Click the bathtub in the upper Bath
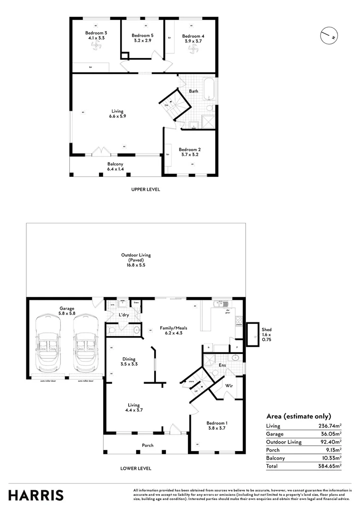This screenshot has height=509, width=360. tap(210, 90)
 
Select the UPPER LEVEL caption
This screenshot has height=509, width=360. tap(146, 189)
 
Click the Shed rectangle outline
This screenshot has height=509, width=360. tap(253, 334)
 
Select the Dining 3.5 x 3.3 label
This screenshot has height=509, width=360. tap(129, 361)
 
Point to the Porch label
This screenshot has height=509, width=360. tap(147, 445)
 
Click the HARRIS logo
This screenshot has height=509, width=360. tap(36, 495)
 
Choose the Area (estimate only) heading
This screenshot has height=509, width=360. tap(299, 416)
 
